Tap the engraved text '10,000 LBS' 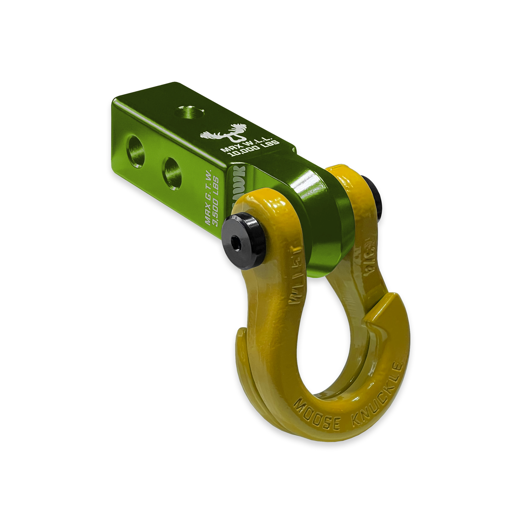pos(254,149)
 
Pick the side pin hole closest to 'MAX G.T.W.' pos(172,174)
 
